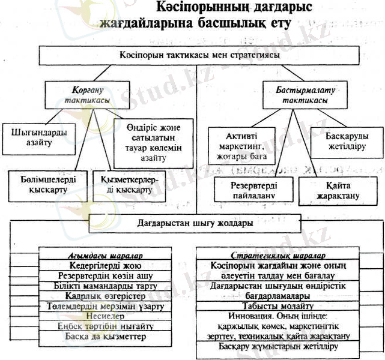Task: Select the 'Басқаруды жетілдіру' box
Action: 344,140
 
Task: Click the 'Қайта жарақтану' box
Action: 335,191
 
